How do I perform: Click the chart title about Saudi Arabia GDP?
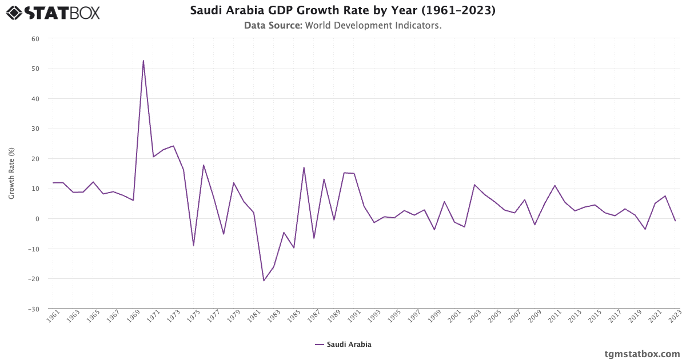342,11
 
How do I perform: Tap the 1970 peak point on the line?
143,61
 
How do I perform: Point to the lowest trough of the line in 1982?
264,281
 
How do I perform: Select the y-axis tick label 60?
35,39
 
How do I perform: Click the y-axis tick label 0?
37,219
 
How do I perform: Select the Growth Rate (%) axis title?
11,173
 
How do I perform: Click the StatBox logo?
53,12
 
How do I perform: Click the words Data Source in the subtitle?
273,26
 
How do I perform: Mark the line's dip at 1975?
193,245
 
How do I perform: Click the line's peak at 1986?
304,167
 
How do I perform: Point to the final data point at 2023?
675,221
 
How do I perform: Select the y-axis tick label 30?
35,129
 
